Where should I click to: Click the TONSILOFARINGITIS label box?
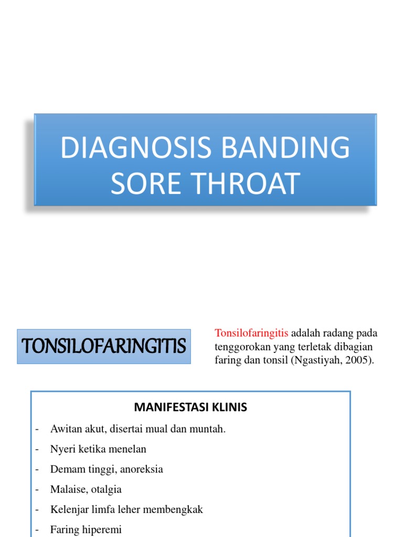[104, 346]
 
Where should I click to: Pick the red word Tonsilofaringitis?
[251, 334]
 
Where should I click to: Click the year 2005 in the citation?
[359, 361]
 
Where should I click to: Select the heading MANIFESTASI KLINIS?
[190, 407]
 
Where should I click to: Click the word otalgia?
[106, 489]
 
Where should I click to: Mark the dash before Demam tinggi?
[37, 469]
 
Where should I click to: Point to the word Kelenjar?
[69, 509]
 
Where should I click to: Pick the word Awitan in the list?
[66, 429]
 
